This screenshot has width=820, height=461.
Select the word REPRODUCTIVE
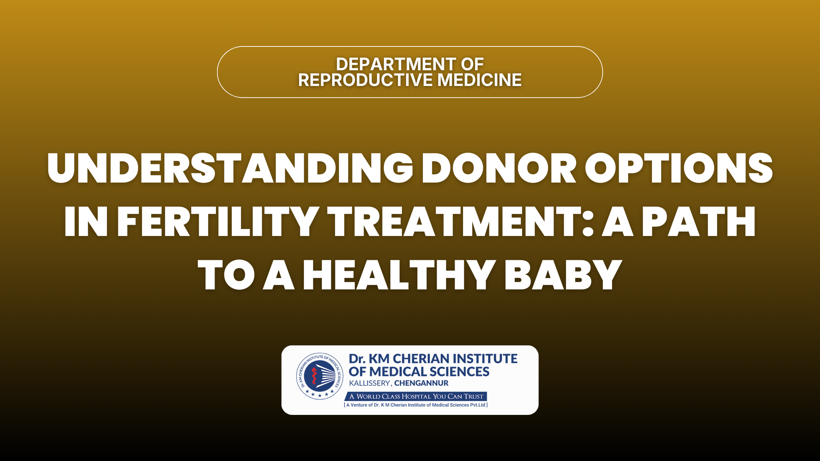366,80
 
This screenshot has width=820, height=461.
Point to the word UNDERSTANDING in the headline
230,168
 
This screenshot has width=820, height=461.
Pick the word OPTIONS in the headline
679,168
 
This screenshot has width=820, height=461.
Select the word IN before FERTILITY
86,221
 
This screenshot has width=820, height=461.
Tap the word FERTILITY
218,221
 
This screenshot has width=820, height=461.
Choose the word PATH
699,221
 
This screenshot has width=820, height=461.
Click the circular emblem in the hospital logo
320,376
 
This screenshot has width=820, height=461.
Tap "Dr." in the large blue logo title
357,359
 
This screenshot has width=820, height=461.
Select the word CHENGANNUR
421,383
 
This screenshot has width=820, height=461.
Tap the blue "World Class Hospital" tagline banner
416,396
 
